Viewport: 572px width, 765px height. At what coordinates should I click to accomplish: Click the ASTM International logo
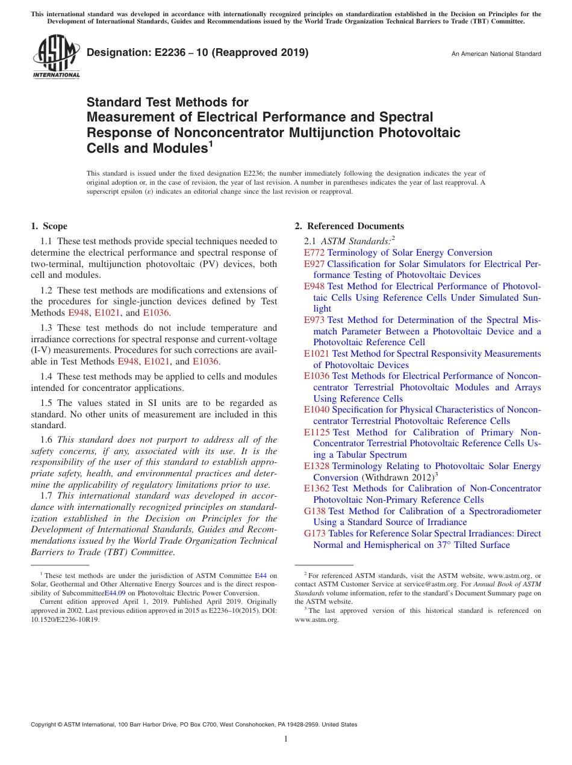tap(55, 57)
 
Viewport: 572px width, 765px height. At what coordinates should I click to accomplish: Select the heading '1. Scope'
tap(49, 226)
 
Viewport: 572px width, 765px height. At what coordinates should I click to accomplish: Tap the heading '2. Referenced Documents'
tap(349, 226)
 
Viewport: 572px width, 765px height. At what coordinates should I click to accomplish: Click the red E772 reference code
tap(314, 253)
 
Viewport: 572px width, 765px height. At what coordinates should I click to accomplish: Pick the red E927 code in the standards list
tap(314, 264)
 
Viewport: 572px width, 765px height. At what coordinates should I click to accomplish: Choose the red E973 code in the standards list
tap(314, 320)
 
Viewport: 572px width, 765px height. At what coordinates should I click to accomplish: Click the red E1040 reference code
tap(317, 410)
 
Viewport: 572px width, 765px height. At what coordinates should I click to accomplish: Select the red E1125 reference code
tap(317, 432)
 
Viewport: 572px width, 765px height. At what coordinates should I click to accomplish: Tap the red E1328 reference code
tap(317, 466)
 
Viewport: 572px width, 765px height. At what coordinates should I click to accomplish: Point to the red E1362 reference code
tap(317, 488)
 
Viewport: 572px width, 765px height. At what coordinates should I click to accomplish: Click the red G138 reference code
tap(315, 511)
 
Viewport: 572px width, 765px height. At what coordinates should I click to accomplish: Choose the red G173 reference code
tap(315, 533)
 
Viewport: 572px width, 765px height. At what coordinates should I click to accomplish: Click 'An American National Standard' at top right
tap(496, 54)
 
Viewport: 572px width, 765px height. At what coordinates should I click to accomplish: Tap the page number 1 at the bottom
tap(286, 739)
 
